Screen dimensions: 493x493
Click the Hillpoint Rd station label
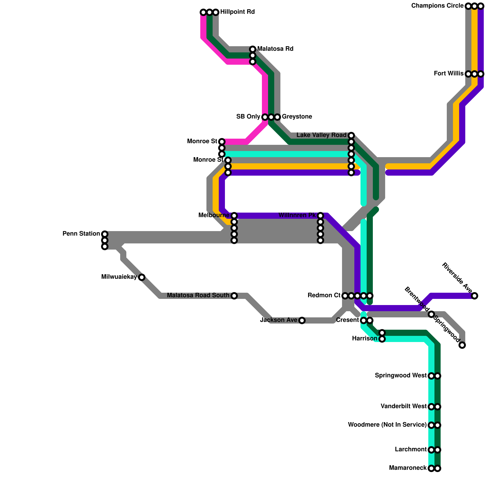pos(237,12)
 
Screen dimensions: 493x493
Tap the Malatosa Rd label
pos(275,49)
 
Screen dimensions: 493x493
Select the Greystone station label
pos(297,117)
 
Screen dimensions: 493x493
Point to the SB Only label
pos(248,117)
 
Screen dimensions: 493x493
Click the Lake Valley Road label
pos(321,135)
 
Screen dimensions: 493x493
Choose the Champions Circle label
pos(437,6)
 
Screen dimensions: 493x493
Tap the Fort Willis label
pos(448,74)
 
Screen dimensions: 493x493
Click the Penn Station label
pos(81,234)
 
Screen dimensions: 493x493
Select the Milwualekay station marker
pos(142,277)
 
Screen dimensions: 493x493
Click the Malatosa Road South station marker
pos(234,296)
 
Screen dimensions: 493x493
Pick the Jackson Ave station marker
pos(302,320)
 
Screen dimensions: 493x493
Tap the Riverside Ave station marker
pos(475,296)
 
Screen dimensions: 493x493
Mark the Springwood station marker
pos(462,345)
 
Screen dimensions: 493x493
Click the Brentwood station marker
pos(431,314)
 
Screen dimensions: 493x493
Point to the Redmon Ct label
pos(324,295)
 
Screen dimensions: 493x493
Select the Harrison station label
pos(365,339)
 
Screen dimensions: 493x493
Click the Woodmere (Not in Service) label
pos(387,425)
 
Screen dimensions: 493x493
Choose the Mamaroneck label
pos(408,468)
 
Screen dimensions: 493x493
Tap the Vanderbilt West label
pos(403,406)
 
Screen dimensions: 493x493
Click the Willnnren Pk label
pos(297,215)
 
